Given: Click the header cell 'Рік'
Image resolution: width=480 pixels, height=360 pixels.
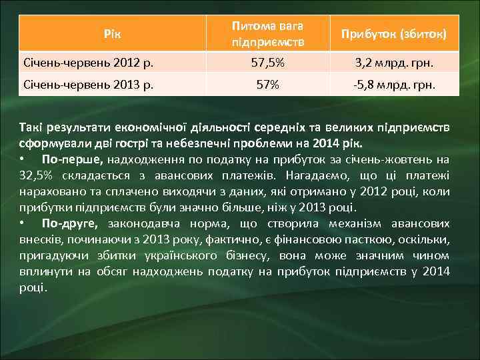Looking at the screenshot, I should click(x=113, y=33).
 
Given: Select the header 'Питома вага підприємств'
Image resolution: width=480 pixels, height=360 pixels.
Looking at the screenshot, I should click(x=267, y=33).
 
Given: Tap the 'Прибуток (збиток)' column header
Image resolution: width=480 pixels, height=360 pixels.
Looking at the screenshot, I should click(x=394, y=33).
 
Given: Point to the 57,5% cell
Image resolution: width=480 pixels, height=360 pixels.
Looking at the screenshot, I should click(x=267, y=64).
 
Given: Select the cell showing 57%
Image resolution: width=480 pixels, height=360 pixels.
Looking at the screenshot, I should click(x=267, y=85).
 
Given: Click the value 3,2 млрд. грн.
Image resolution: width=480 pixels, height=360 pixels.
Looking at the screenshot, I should click(x=394, y=64).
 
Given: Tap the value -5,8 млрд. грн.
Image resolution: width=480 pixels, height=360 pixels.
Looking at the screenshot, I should click(x=394, y=85).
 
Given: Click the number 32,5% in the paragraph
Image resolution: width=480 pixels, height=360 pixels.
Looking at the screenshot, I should click(x=34, y=175).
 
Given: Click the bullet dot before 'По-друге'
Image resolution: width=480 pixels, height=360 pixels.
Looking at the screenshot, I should click(x=23, y=223).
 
